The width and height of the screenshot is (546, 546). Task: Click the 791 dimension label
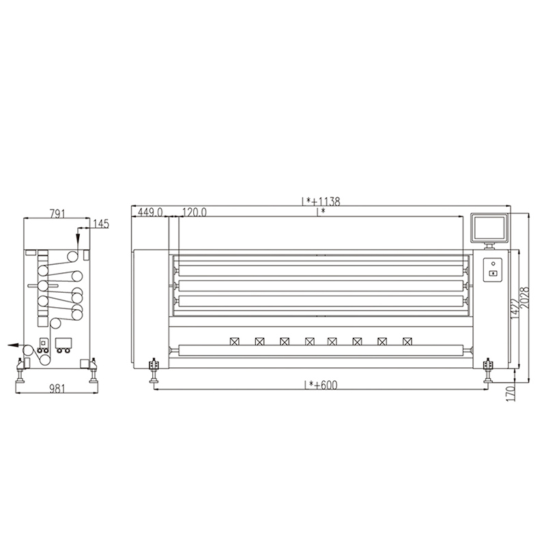pos(57,213)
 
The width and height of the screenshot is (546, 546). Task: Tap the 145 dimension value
pos(101,224)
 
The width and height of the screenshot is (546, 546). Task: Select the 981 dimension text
pos(57,388)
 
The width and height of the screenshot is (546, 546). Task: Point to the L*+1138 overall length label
pos(320,201)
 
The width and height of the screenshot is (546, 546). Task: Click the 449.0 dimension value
pos(150,212)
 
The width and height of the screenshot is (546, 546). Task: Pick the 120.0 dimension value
pos(194,212)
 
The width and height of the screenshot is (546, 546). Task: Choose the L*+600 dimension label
pos(321,385)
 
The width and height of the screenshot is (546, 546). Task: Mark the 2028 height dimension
pos(524,298)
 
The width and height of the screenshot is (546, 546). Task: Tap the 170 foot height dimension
pos(511,394)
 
